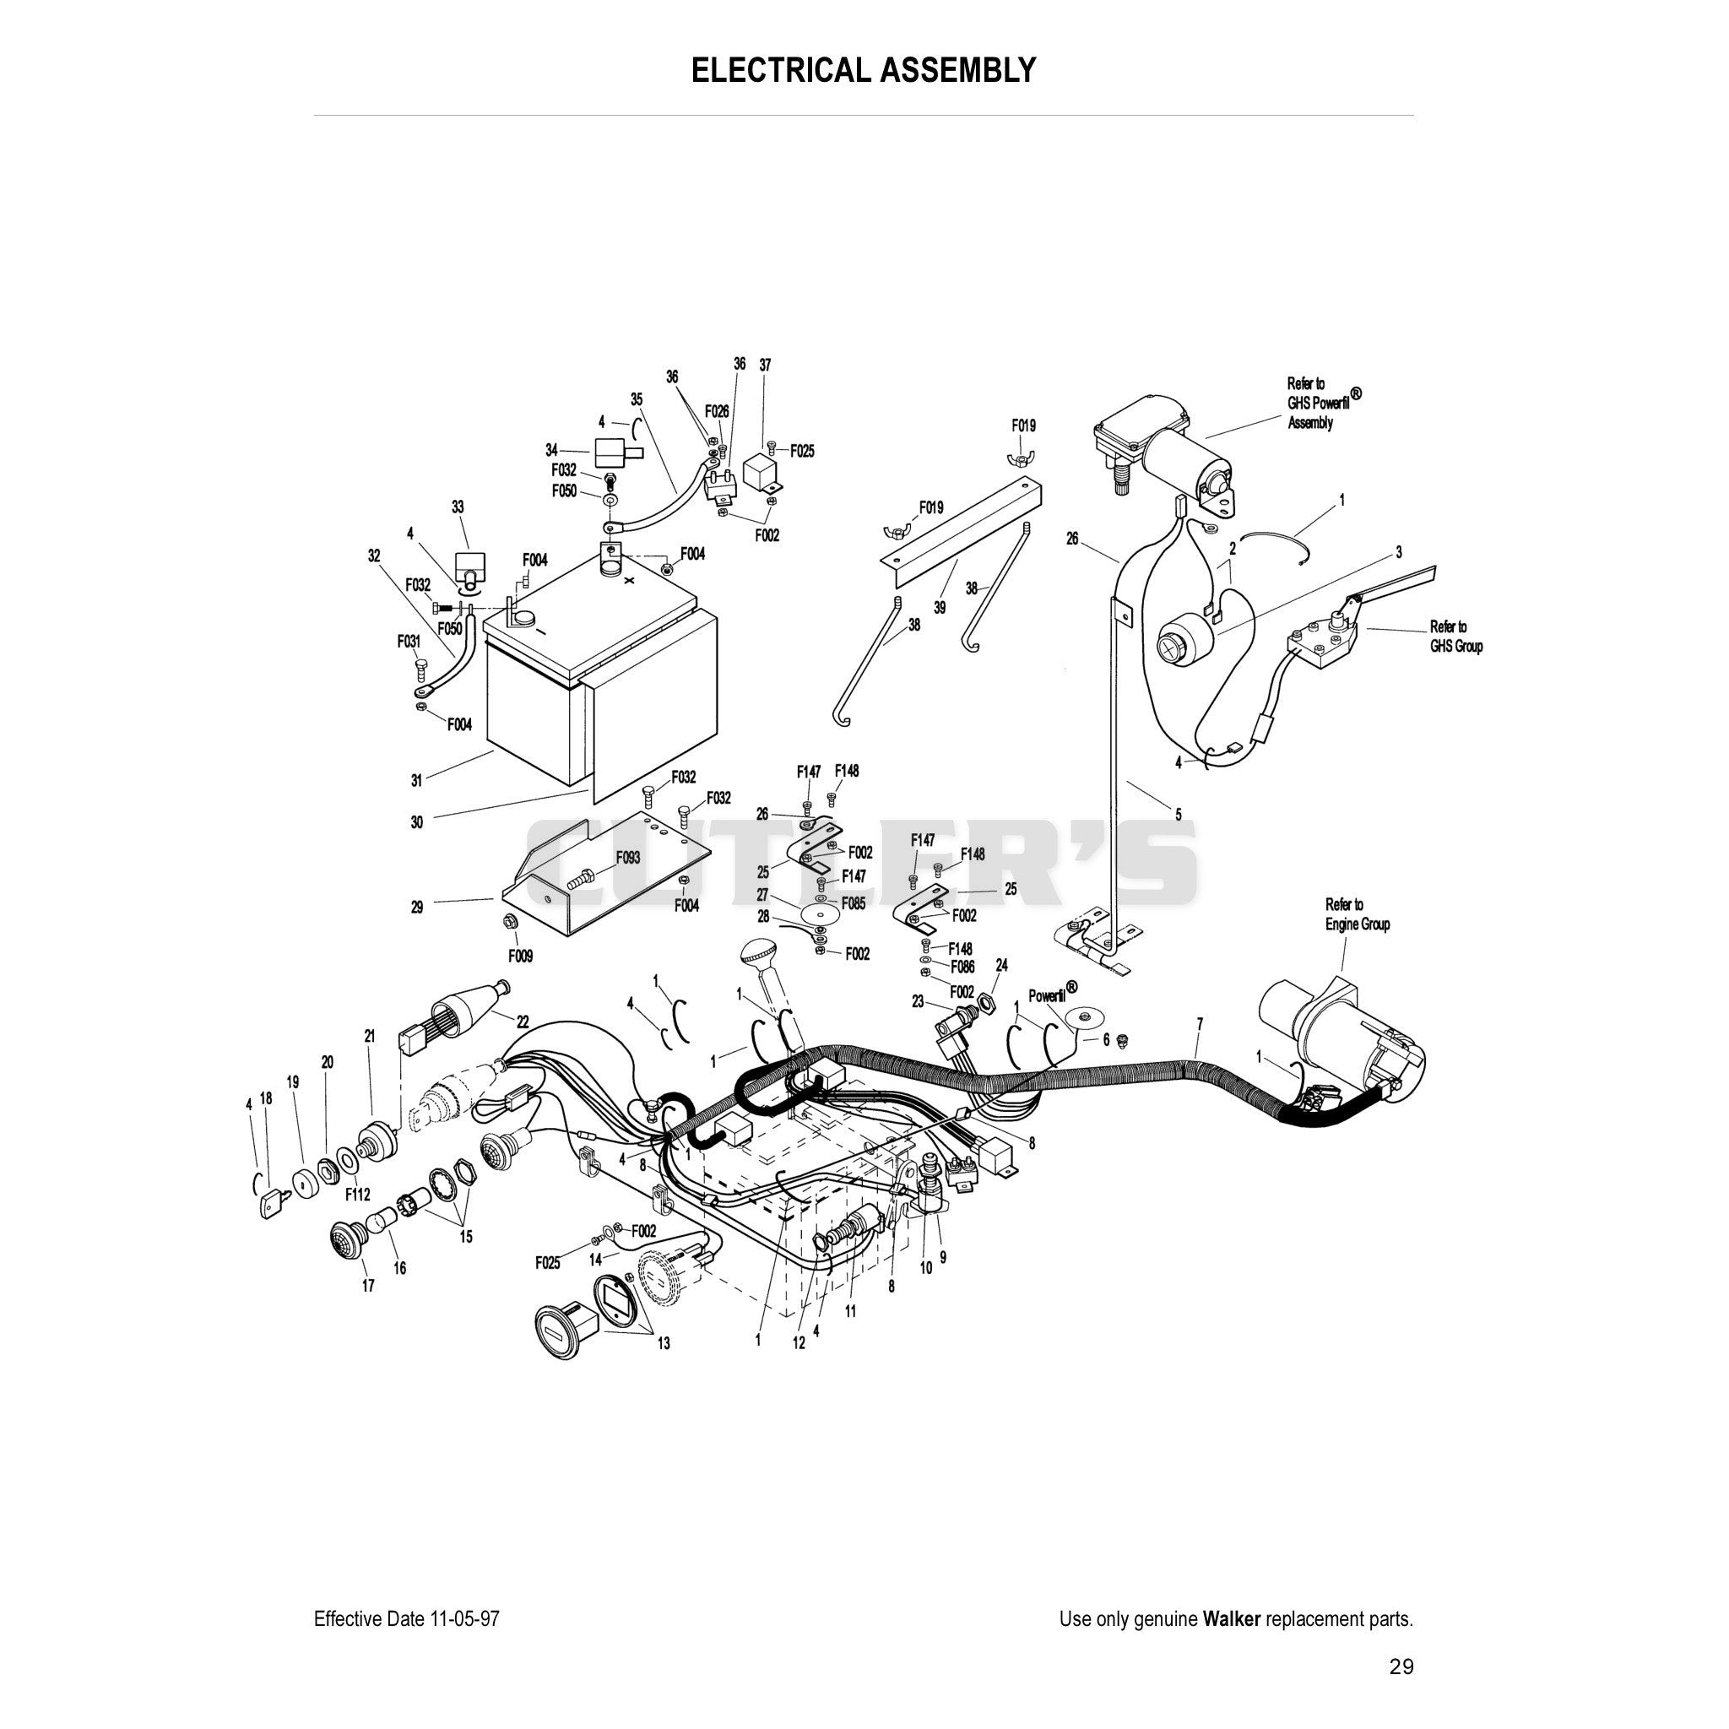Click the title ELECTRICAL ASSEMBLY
tap(864, 70)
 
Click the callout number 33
tap(458, 507)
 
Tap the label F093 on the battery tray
tap(627, 858)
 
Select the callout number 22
tap(523, 1022)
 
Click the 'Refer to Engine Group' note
tap(1358, 914)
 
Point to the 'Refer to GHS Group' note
tap(1456, 637)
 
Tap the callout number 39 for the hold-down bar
tap(940, 608)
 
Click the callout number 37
tap(765, 365)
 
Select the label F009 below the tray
tap(521, 957)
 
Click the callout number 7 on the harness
tap(1199, 1023)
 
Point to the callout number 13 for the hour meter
tap(663, 1343)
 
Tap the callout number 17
tap(368, 1286)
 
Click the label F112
tap(357, 1195)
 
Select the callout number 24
tap(1001, 966)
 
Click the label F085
tap(854, 904)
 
